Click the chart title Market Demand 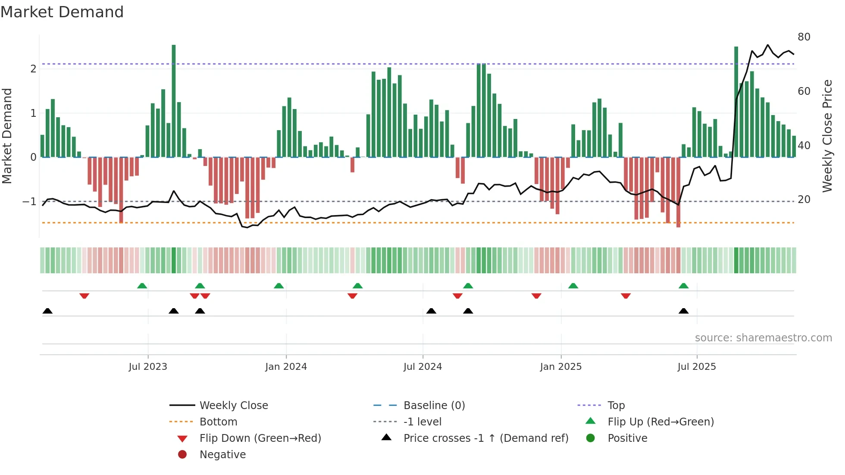[62, 12]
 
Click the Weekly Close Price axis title [827, 136]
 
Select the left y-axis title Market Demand [7, 136]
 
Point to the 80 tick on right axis [804, 37]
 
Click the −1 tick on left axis [29, 201]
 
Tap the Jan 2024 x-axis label [286, 367]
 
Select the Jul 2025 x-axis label [696, 367]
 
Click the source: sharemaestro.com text [763, 338]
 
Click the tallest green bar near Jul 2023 [174, 101]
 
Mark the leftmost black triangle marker [47, 311]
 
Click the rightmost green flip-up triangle [683, 286]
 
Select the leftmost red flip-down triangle [84, 296]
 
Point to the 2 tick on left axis [33, 69]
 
